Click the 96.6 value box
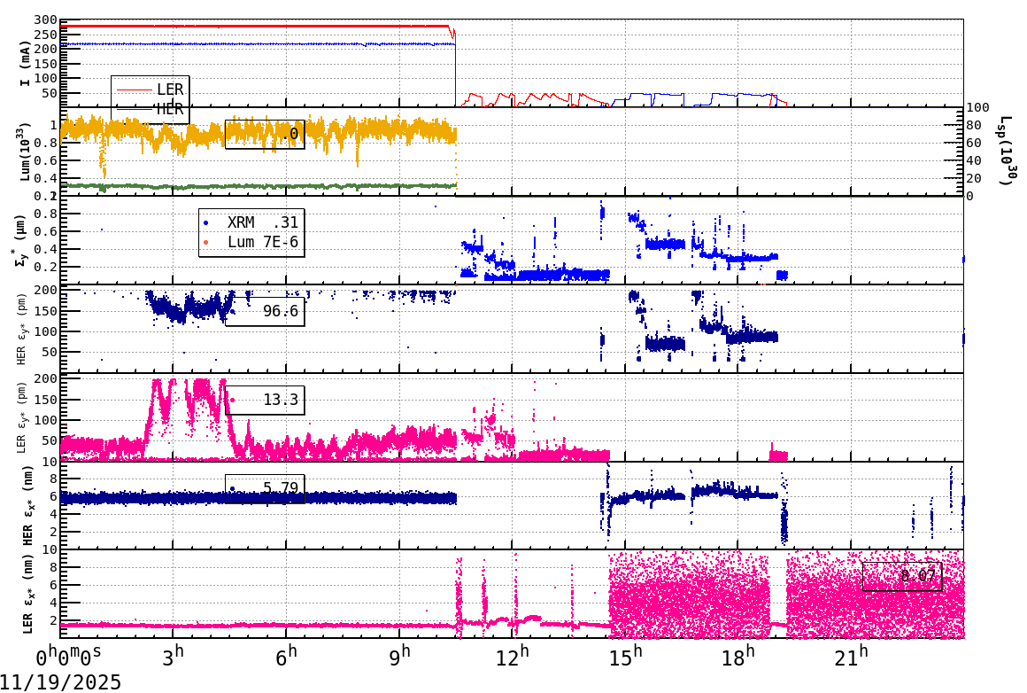click(265, 311)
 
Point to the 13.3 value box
click(265, 401)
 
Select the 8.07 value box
click(901, 576)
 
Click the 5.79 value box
click(265, 488)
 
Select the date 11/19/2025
click(61, 681)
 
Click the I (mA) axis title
click(26, 62)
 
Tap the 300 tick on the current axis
click(45, 20)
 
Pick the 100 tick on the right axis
click(978, 107)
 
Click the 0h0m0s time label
click(68, 658)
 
